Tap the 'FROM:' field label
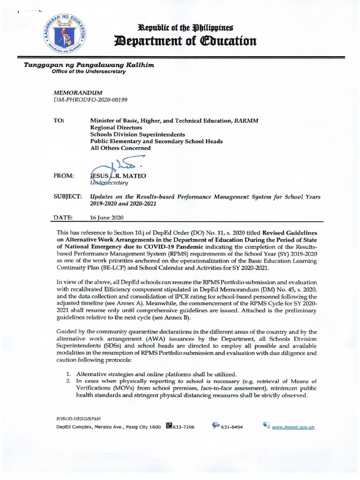tap(64, 175)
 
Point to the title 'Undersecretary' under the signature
tap(111, 182)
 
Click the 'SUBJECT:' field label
tap(68, 197)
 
